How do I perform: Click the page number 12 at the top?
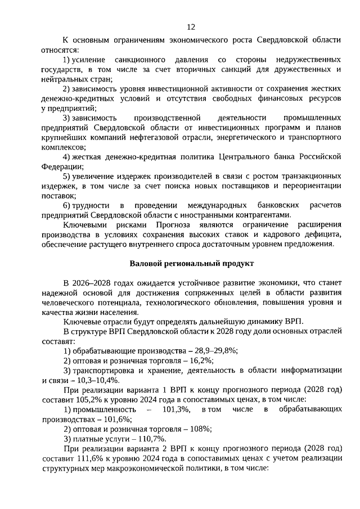[x=191, y=26]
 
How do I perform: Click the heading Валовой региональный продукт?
[x=192, y=263]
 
